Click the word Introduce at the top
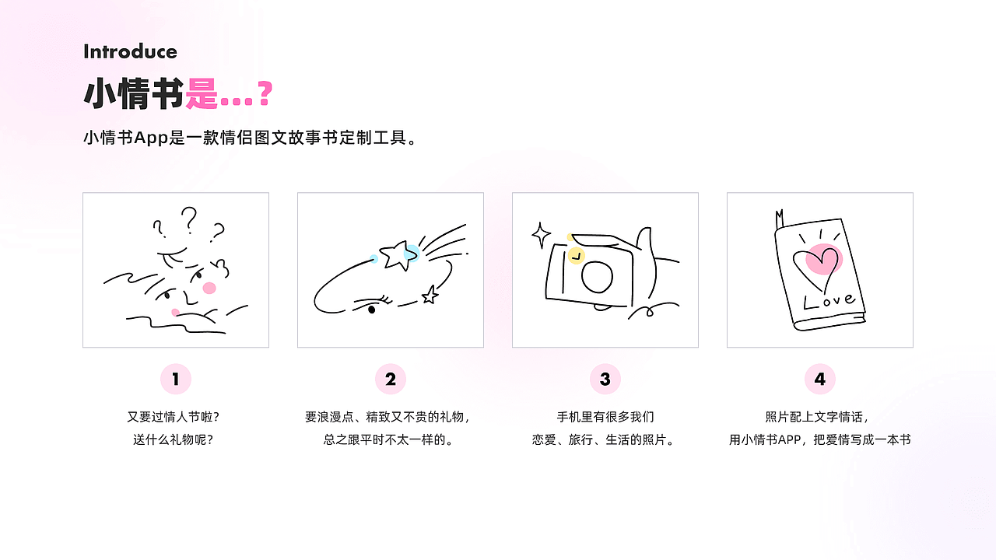130,52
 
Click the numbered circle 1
176,380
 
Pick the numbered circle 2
391,380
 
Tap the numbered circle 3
605,380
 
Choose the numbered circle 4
820,380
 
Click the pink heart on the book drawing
821,260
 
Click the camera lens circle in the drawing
598,275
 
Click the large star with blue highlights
396,255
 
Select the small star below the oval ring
429,294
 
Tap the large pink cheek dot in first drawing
209,288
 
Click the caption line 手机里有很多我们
605,417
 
